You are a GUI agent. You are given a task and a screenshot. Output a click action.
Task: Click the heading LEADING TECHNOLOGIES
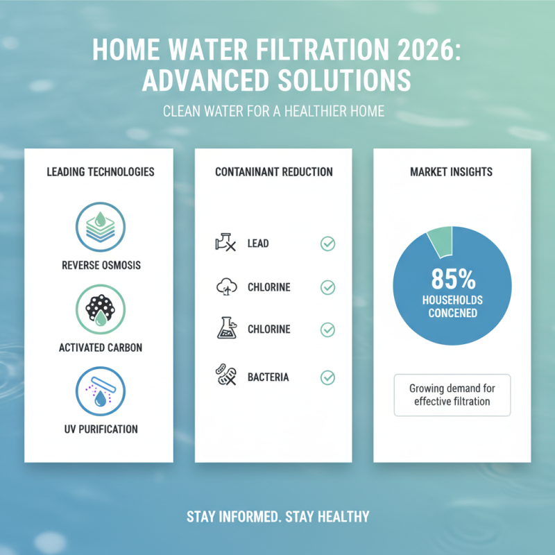(100, 171)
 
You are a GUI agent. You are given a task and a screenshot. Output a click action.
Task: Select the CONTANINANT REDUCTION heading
(274, 171)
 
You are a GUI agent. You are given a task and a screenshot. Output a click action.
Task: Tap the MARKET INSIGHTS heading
(451, 171)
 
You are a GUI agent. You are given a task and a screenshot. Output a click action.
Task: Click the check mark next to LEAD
(327, 244)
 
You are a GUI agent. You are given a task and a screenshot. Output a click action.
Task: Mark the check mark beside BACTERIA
(327, 377)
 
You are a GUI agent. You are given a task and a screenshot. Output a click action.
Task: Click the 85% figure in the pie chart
(452, 279)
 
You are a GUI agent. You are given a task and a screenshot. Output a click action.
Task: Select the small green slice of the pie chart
(439, 240)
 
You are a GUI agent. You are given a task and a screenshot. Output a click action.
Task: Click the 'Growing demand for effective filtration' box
(452, 395)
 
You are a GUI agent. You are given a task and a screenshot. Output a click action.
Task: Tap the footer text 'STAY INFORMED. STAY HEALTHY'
(277, 516)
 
